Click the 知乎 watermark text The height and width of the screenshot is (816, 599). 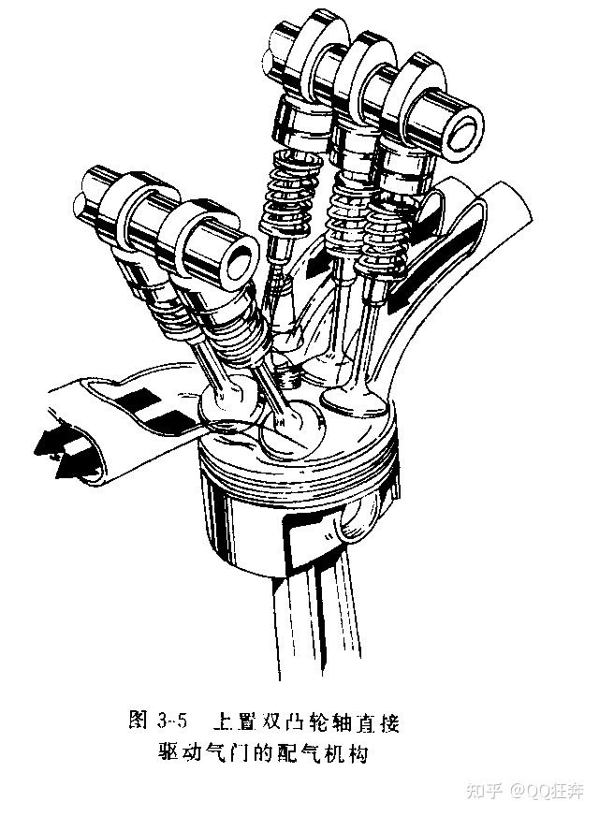click(x=484, y=792)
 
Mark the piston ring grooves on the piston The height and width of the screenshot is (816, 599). click(x=297, y=467)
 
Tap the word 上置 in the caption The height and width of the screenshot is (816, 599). click(x=230, y=721)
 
